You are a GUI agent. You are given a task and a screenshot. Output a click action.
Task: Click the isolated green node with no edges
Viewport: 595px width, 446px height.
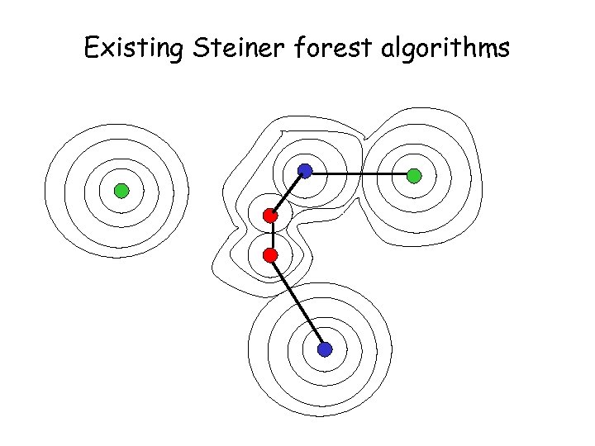(121, 192)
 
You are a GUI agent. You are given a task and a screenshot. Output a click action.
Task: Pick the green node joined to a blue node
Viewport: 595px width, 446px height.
(414, 175)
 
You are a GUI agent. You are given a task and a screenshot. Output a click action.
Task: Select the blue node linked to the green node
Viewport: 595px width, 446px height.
(305, 171)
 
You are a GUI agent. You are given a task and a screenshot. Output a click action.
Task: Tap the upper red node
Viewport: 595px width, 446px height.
(269, 216)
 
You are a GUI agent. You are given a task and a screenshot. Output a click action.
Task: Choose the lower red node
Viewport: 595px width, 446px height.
(270, 255)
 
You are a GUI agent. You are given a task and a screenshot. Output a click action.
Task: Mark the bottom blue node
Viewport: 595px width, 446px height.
(325, 349)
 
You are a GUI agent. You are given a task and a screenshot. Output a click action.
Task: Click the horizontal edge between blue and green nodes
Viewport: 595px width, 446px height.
(359, 173)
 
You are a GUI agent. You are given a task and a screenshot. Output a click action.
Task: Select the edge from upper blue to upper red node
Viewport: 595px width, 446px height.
(287, 193)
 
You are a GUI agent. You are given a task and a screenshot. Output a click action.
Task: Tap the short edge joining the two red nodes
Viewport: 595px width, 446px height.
(270, 235)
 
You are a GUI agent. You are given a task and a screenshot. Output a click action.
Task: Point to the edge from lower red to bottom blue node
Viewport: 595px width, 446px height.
(297, 302)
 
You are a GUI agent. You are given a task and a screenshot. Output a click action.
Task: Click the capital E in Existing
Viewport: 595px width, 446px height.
(92, 50)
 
